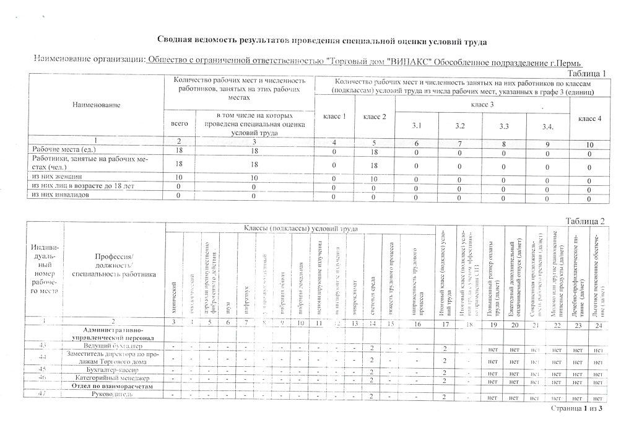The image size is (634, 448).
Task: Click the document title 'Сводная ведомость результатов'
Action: click(321, 41)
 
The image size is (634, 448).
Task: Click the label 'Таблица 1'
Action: click(586, 73)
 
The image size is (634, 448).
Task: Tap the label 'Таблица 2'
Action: click(584, 221)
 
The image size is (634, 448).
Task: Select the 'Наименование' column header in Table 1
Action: click(95, 106)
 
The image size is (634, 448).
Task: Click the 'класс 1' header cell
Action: click(334, 116)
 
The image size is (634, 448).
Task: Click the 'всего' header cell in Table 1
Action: click(179, 124)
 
